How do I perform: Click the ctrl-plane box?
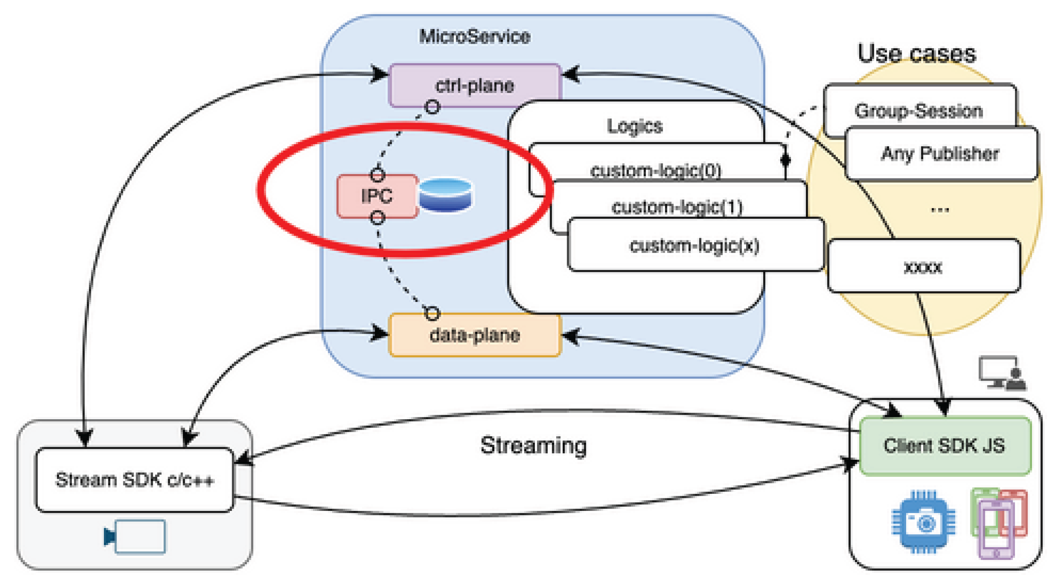(x=474, y=85)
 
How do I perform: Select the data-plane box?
(x=474, y=335)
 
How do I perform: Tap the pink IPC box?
(x=377, y=196)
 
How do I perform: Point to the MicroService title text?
(x=474, y=36)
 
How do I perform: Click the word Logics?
(x=635, y=126)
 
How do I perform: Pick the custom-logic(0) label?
(x=656, y=170)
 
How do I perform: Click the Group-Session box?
(x=918, y=110)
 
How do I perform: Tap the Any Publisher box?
(x=940, y=153)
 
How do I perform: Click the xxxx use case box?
(x=923, y=267)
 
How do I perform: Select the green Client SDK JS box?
(x=945, y=446)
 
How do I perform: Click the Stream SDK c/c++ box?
(x=134, y=479)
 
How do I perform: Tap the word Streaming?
(x=533, y=446)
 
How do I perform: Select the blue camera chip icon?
(x=923, y=522)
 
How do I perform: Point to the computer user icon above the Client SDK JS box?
(x=1002, y=373)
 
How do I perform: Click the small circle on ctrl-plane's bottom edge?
(x=432, y=107)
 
